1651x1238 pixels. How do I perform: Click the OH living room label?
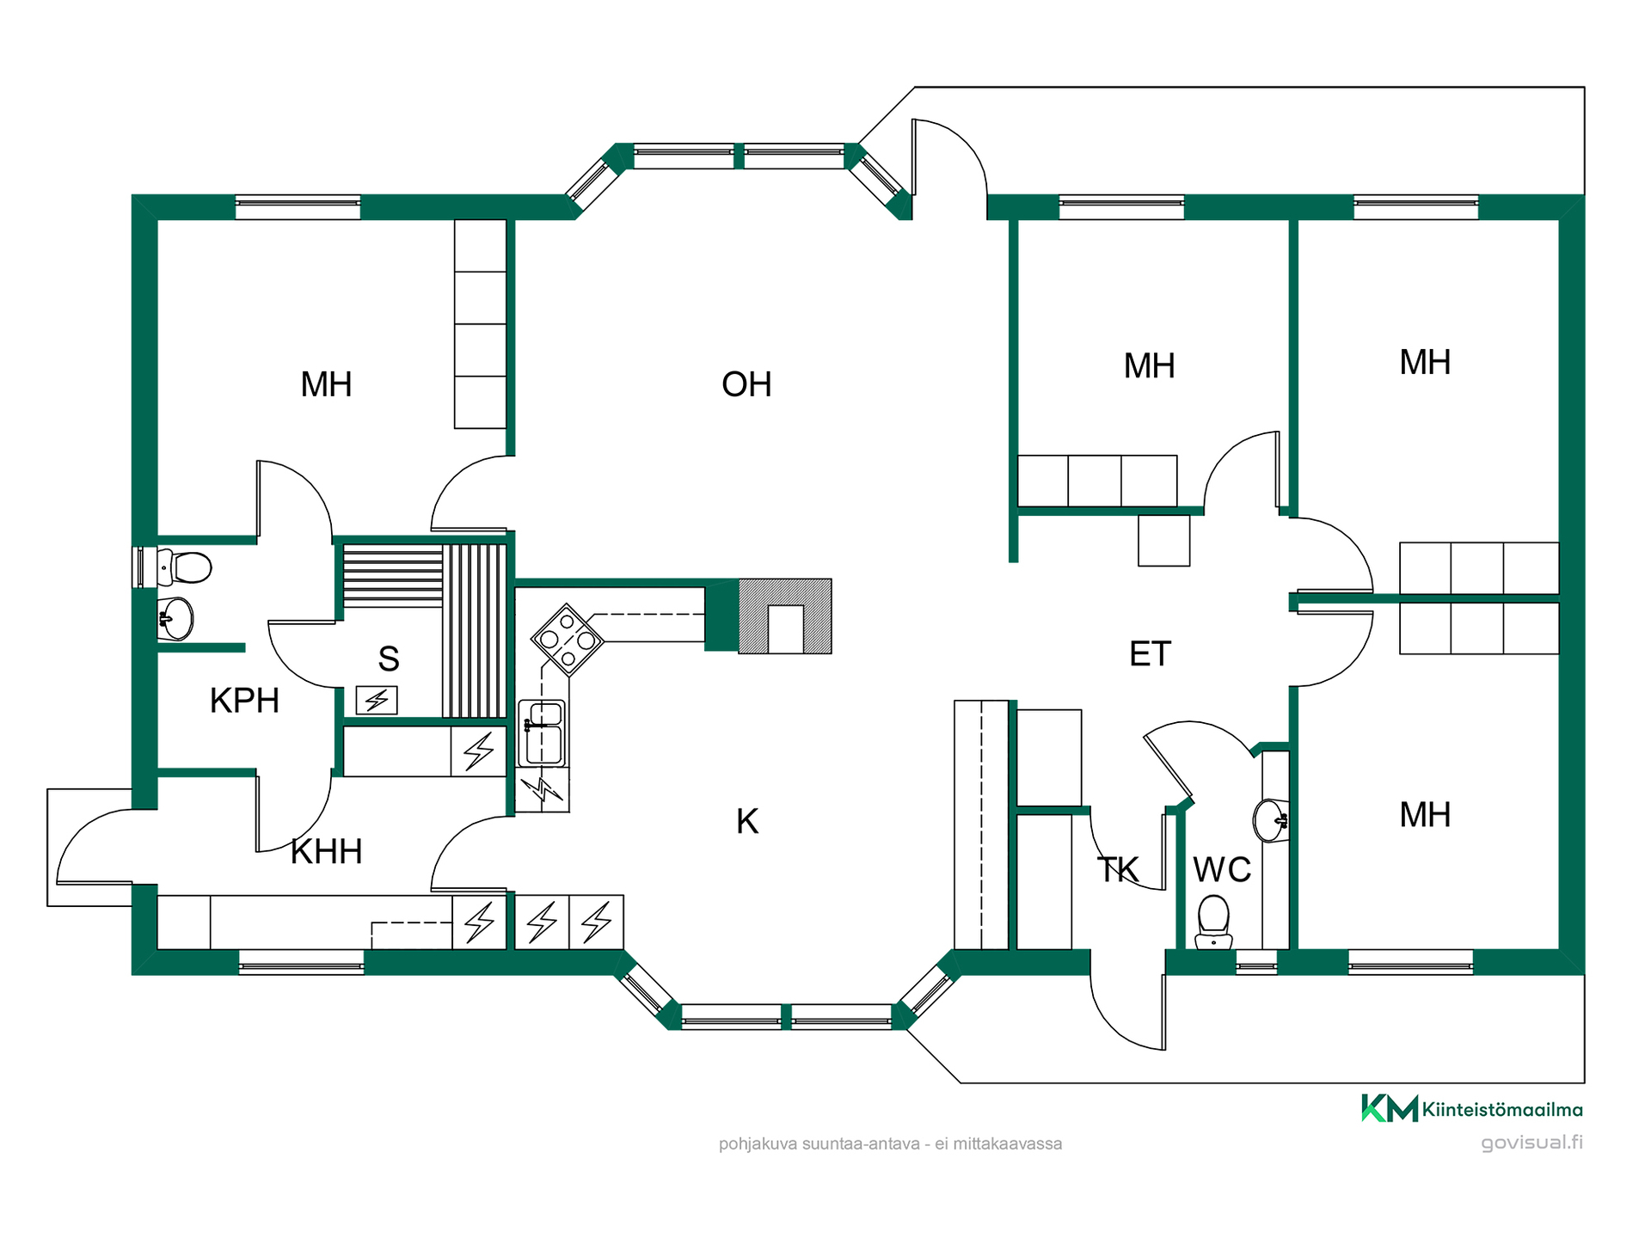click(746, 384)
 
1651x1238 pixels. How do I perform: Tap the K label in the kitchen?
click(747, 822)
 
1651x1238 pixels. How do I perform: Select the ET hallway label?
click(1150, 654)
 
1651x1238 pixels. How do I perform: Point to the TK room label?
click(1118, 870)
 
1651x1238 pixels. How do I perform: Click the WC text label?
click(1222, 870)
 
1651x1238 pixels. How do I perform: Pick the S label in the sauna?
click(389, 659)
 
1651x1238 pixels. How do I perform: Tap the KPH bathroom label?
click(244, 701)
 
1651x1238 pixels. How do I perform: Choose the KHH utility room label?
click(327, 852)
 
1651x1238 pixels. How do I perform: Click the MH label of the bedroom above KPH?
click(326, 384)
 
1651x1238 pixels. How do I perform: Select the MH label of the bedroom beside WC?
click(1425, 815)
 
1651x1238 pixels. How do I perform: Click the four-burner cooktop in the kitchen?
click(568, 639)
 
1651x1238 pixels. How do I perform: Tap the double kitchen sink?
click(542, 733)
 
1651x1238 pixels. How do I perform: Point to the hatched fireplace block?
click(785, 616)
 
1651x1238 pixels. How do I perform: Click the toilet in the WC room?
click(1213, 922)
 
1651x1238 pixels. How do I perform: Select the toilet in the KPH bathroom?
click(184, 567)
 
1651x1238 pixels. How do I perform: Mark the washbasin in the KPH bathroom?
click(176, 618)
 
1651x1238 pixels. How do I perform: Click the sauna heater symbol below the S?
click(377, 701)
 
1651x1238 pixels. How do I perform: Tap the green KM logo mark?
click(1389, 1108)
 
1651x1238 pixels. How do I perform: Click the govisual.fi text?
click(1531, 1143)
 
